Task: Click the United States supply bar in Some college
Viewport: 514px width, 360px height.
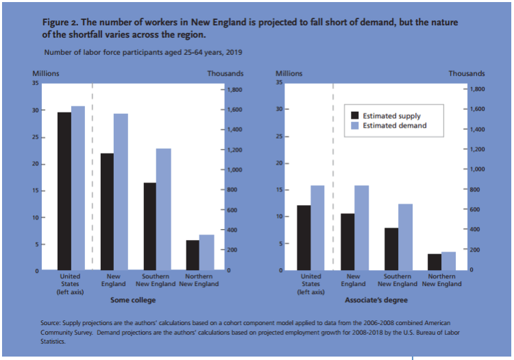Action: (64, 191)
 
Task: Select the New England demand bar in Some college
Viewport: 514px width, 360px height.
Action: (121, 192)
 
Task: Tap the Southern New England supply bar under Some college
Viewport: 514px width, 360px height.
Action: (149, 226)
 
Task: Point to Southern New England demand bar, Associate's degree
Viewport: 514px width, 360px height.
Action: (405, 237)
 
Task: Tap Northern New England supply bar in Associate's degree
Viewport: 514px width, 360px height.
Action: (435, 262)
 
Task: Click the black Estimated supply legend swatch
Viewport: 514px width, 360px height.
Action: (355, 116)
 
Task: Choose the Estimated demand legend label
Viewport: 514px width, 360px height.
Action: (394, 125)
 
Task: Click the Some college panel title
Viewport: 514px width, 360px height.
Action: (133, 300)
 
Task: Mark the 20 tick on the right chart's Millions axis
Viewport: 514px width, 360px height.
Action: (279, 163)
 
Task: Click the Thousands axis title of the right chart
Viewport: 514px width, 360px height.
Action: (467, 73)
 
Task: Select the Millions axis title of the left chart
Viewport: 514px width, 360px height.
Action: (47, 73)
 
